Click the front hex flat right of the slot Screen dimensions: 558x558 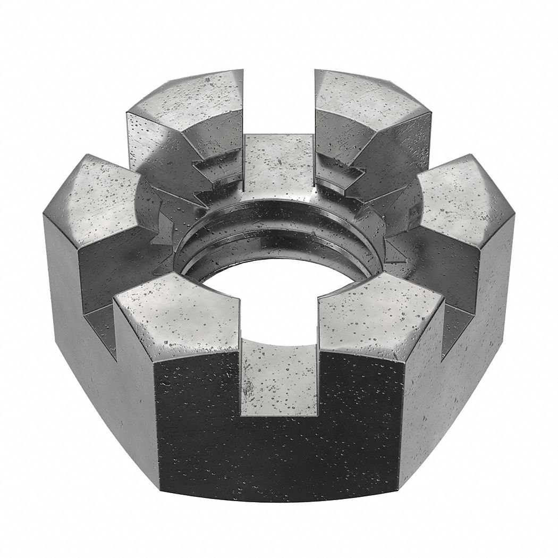361,420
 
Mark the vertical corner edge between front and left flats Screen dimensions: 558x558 155,425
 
